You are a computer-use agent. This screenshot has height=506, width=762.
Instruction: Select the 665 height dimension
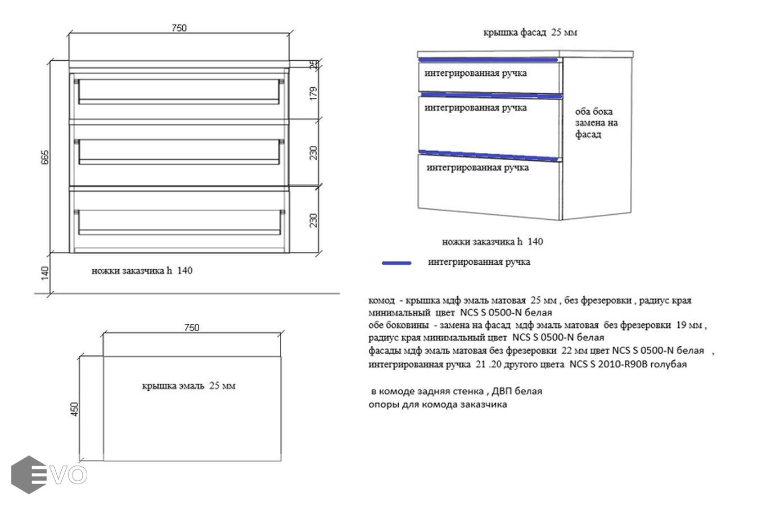[x=46, y=157]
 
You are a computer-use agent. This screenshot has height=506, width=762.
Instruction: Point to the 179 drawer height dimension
[x=314, y=93]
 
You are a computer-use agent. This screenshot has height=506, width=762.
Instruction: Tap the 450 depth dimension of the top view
[x=75, y=409]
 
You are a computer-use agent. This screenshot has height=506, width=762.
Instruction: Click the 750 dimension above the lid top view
[x=191, y=327]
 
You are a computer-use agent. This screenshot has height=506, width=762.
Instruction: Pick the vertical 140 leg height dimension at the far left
[x=46, y=273]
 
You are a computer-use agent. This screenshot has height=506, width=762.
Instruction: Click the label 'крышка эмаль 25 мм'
[x=188, y=386]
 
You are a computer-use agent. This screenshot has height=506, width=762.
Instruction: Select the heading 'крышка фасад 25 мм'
[x=530, y=33]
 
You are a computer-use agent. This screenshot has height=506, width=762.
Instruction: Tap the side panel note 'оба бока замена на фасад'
[x=595, y=123]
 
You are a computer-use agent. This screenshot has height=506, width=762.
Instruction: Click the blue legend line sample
[x=396, y=263]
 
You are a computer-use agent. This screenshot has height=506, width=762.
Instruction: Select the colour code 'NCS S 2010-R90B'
[x=608, y=364]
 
